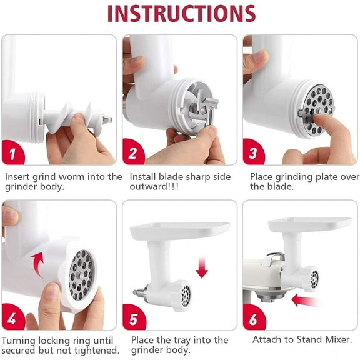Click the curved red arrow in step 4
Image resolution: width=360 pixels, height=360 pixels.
39,263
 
